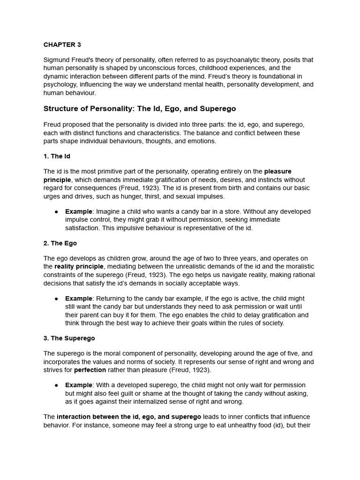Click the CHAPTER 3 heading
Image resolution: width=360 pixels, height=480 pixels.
click(62, 45)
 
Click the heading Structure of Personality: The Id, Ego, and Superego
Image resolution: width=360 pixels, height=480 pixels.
click(140, 109)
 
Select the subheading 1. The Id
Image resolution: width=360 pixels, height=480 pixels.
click(57, 156)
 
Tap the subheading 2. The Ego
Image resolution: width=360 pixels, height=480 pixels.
click(60, 243)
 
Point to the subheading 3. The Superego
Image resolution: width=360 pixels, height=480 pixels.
click(69, 338)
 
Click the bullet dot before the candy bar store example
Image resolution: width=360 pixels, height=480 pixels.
click(56, 212)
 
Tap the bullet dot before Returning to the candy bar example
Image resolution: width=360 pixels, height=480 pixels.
click(56, 299)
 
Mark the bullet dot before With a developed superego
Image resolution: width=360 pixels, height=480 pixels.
click(56, 385)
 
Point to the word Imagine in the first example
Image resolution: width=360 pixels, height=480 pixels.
click(108, 211)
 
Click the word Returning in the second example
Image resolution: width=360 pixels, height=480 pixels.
click(111, 299)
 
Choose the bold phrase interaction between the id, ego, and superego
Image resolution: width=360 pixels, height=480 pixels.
click(129, 417)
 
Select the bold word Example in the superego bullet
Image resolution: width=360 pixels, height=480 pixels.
click(79, 385)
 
